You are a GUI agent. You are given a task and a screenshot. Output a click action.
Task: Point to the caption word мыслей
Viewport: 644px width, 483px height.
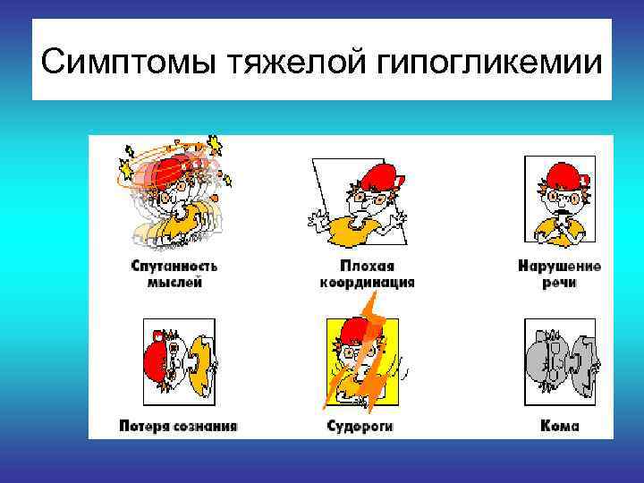pos(174,283)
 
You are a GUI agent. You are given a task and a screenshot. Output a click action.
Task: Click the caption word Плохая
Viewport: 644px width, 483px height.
pos(367,267)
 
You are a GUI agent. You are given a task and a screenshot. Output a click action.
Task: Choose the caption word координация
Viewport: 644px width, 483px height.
pos(367,283)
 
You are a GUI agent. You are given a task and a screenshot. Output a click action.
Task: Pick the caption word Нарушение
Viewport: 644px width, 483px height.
pos(559,267)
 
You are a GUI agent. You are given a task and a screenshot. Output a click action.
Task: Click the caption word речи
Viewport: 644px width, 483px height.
pos(559,283)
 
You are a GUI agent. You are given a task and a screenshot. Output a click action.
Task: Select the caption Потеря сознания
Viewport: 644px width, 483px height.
pos(179,427)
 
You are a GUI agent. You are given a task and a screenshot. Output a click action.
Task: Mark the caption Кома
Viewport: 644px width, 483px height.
pos(559,427)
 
